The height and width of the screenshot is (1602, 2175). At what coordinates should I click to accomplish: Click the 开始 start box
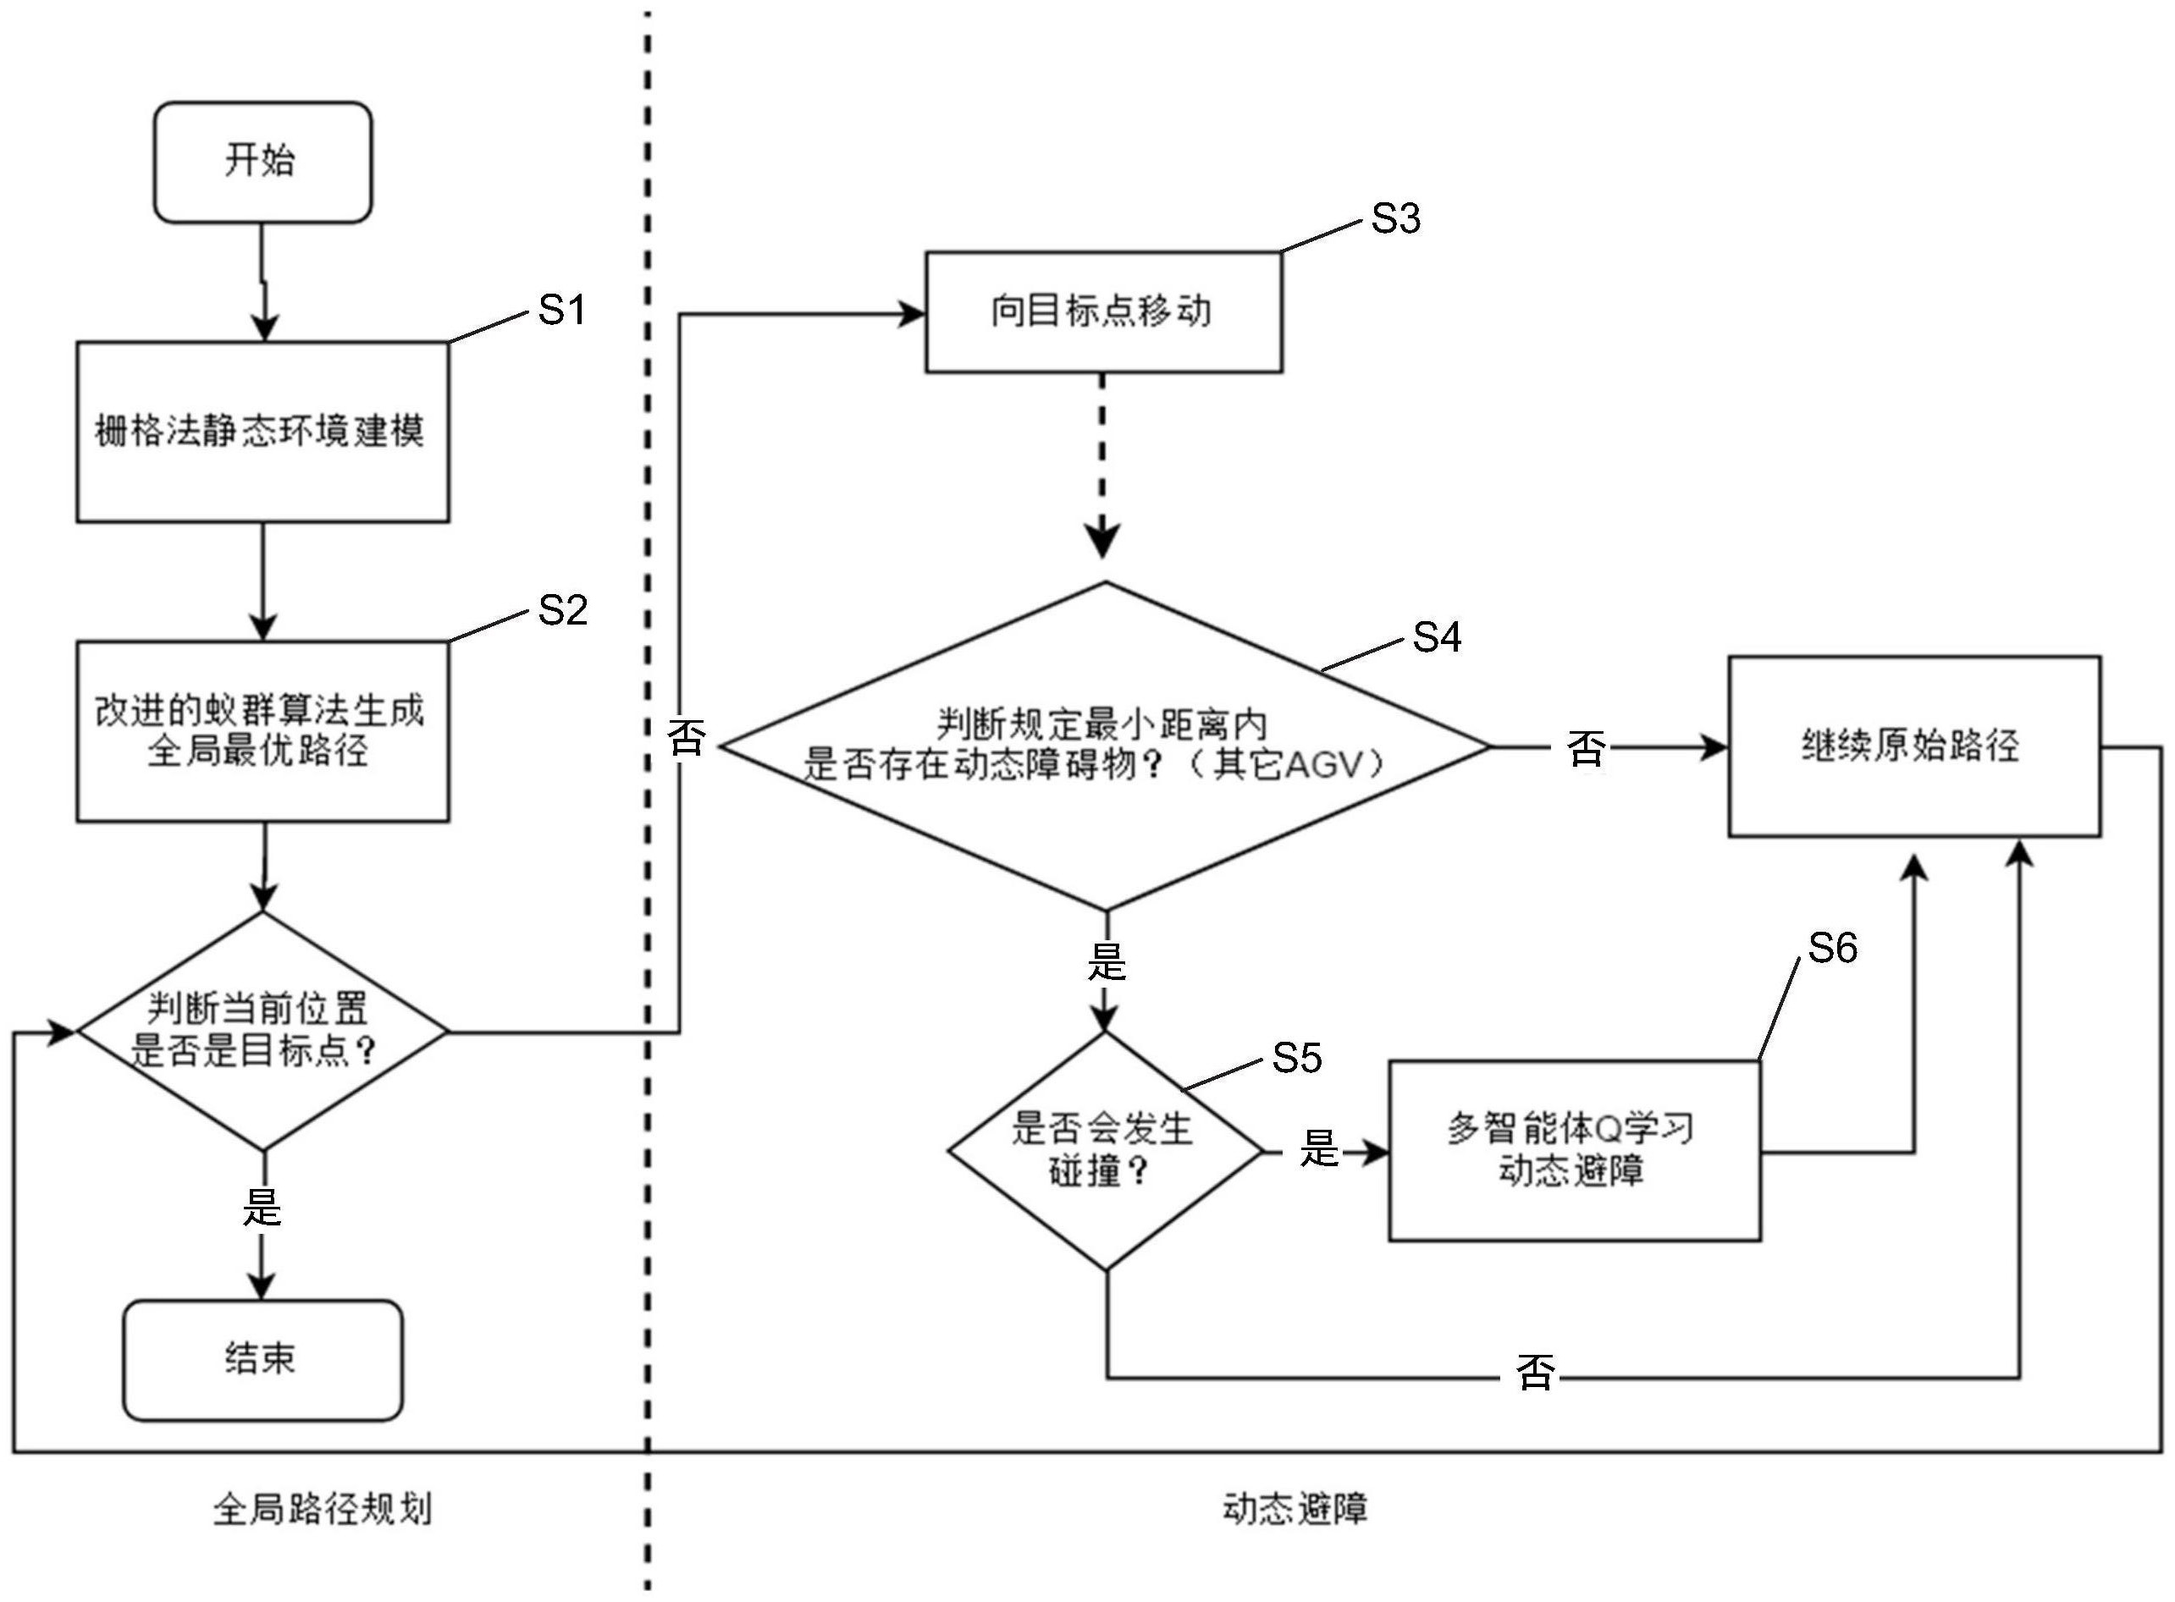(262, 162)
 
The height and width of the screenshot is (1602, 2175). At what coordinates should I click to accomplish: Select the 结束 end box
(262, 1360)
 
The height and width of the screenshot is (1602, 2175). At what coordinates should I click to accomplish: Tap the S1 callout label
(561, 311)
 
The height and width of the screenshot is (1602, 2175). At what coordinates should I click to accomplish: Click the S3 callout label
(1395, 219)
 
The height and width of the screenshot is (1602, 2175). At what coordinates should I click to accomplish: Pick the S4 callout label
(1437, 637)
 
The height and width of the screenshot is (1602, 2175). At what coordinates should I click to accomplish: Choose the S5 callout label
(1297, 1058)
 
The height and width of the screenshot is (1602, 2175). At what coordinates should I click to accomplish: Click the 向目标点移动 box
(1103, 312)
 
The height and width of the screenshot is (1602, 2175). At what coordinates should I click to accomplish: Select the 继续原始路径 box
(1913, 746)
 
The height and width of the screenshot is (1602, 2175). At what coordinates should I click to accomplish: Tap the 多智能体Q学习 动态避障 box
(1574, 1150)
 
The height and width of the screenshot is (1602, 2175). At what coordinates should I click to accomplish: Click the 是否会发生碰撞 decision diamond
(1105, 1151)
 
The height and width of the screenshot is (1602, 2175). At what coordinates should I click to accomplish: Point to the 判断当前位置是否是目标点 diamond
(262, 1031)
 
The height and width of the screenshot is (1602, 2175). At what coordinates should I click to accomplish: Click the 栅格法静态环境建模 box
(262, 432)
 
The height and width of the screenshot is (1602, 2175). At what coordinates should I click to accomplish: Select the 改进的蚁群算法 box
(262, 731)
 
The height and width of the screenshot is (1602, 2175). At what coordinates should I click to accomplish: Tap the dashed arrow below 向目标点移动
(1103, 465)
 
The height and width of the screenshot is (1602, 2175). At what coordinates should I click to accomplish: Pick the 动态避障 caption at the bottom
(1295, 1509)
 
